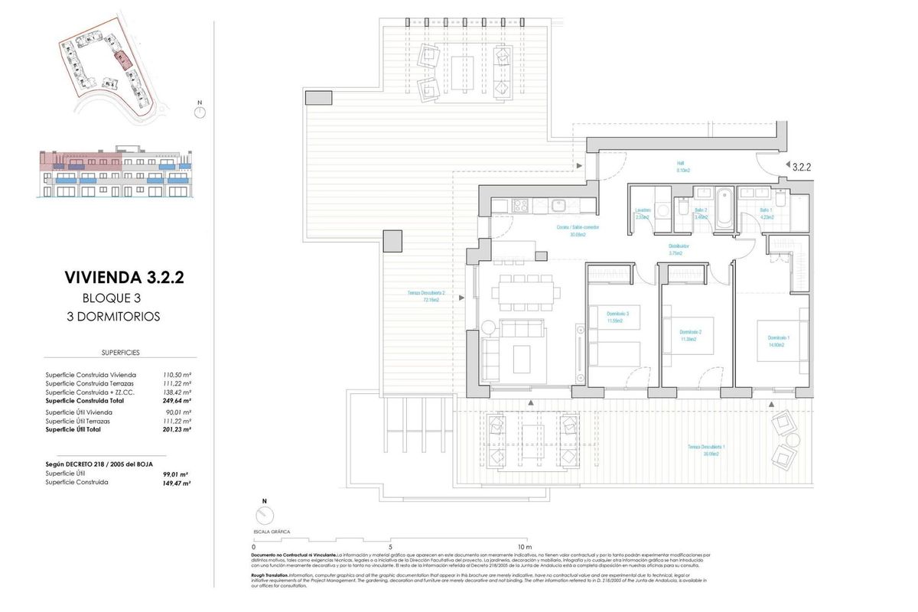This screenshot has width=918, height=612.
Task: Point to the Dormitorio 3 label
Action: click(617, 317)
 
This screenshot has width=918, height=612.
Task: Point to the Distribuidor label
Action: click(679, 249)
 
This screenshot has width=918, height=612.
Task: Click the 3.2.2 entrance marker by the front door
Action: click(801, 165)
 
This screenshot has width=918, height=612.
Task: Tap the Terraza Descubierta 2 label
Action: click(426, 297)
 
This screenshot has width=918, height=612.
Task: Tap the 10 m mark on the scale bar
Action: click(524, 547)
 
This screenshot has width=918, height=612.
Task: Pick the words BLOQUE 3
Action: click(112, 298)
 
